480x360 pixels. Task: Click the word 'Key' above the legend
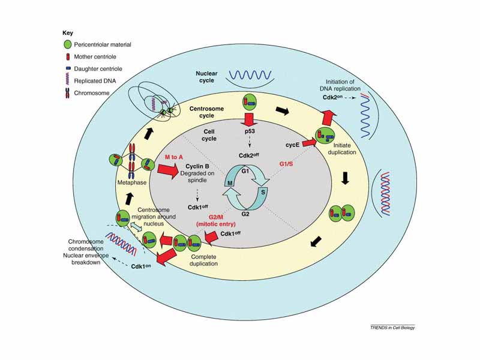[68, 32]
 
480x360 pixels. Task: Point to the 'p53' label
[251, 130]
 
